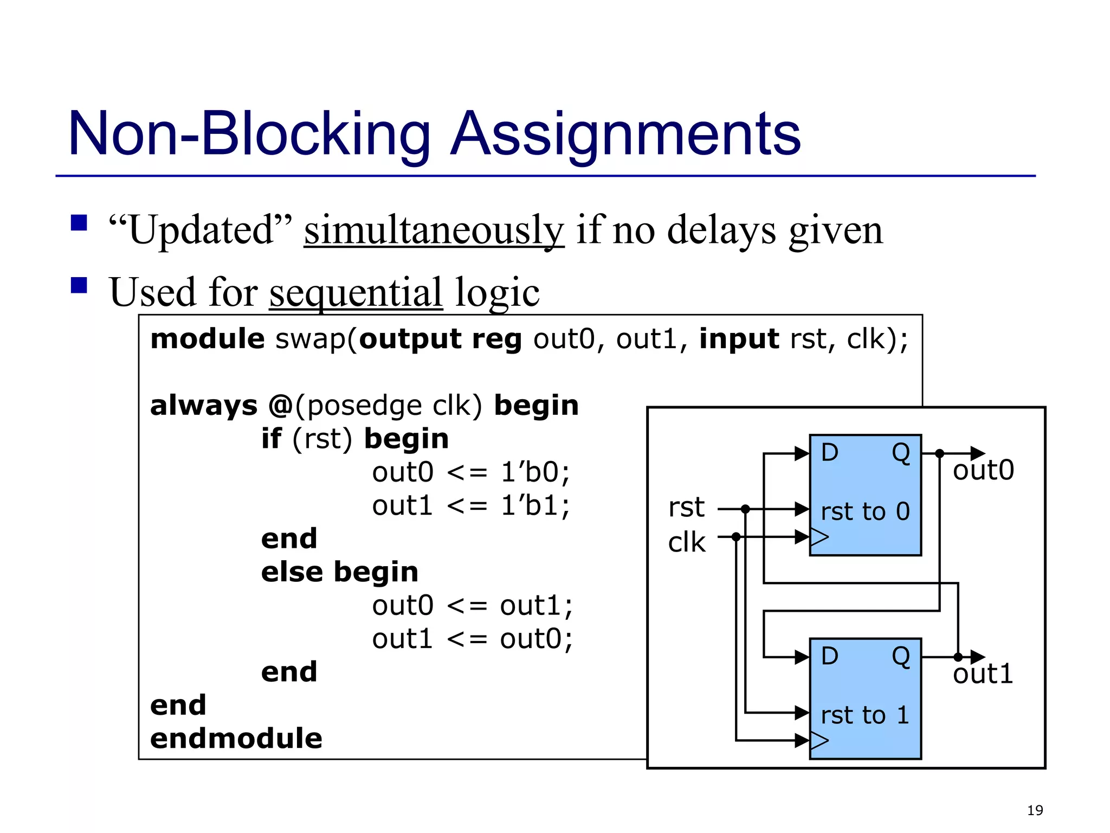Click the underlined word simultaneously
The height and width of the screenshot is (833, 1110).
(x=434, y=230)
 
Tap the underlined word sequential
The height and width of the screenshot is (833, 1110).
(x=356, y=292)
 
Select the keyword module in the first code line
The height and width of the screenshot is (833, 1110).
(x=207, y=339)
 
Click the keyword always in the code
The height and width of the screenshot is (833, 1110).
(x=203, y=406)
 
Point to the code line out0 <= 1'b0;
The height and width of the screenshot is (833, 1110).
(x=470, y=472)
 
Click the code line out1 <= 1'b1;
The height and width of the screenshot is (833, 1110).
(x=470, y=505)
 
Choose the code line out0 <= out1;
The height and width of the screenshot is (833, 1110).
(x=472, y=605)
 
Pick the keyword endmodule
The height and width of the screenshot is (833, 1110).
(x=236, y=739)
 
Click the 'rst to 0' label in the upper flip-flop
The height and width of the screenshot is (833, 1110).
(x=865, y=511)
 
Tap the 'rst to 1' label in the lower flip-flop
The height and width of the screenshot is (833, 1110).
(x=864, y=715)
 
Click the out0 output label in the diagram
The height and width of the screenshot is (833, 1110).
(x=983, y=470)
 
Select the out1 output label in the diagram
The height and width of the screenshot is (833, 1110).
(x=983, y=674)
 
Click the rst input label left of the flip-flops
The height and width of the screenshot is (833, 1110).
(x=686, y=508)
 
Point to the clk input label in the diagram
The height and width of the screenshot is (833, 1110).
(x=686, y=542)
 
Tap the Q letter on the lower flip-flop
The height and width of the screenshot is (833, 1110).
(x=901, y=657)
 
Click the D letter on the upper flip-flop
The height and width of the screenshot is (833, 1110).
(x=829, y=452)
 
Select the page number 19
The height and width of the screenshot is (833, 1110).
(x=1035, y=810)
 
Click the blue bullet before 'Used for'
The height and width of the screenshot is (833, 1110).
(x=79, y=285)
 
